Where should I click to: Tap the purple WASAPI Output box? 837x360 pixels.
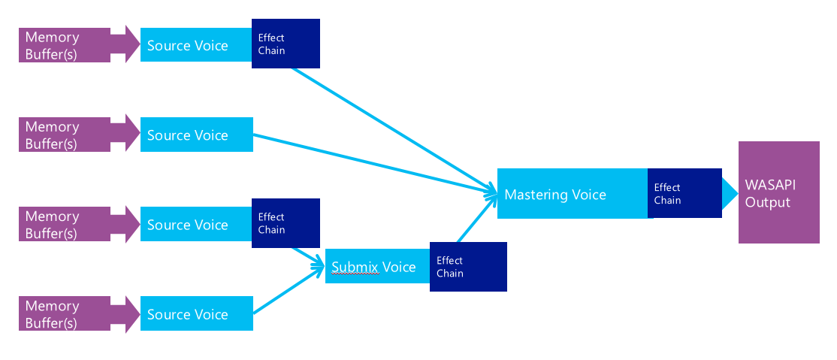(x=778, y=192)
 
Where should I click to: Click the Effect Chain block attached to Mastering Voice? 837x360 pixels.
(x=684, y=193)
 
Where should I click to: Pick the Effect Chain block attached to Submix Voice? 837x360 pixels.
(x=468, y=267)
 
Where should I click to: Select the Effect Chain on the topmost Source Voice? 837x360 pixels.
(x=286, y=44)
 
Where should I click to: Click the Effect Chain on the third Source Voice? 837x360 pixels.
(x=286, y=223)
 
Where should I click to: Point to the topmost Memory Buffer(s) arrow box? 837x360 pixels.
(x=71, y=45)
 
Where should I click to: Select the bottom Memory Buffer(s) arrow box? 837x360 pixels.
(x=71, y=314)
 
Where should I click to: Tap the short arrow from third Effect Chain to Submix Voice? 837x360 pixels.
(x=310, y=256)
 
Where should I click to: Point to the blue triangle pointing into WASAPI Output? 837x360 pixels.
(x=729, y=193)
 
